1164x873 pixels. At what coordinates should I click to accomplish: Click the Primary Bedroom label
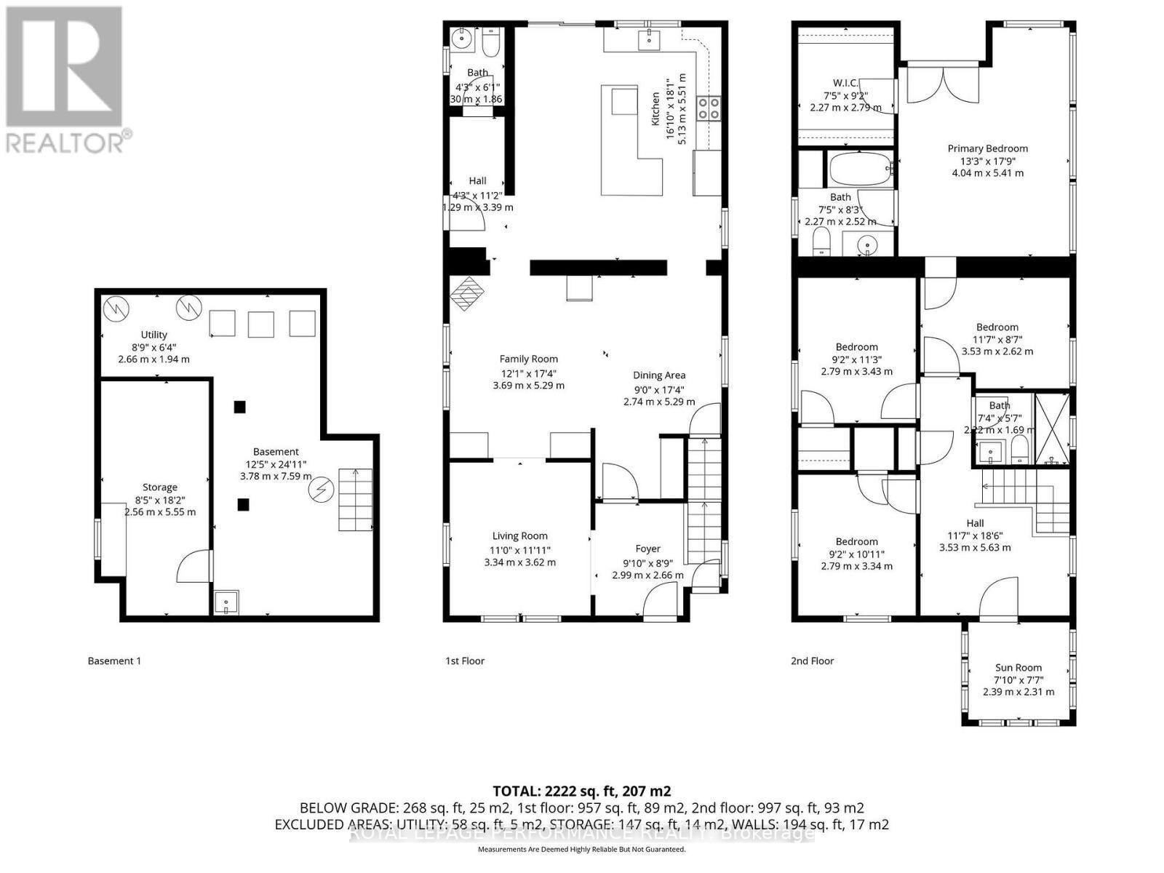[987, 148]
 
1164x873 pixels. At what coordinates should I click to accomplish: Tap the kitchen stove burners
[709, 108]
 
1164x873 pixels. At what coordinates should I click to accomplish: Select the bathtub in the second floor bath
[860, 169]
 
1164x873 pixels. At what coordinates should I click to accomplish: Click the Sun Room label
[1018, 667]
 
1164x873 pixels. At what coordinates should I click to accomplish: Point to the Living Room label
[519, 536]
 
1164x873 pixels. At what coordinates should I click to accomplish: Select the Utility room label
[154, 335]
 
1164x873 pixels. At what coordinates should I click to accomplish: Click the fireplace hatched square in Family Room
[466, 293]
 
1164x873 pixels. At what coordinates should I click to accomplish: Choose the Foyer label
[647, 549]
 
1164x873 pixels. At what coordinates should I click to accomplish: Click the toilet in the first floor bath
[491, 43]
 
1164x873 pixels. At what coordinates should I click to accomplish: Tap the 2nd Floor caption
[812, 661]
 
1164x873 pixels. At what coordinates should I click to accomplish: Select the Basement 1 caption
[114, 661]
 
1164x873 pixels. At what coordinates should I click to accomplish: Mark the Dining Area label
[658, 375]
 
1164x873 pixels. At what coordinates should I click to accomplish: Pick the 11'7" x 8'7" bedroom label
[997, 327]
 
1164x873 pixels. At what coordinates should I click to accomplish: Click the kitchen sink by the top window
[648, 39]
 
